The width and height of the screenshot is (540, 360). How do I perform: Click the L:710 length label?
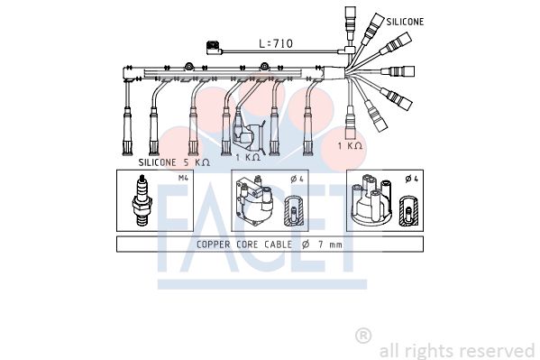click(x=276, y=43)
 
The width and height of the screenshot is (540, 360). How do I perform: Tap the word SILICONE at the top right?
click(x=405, y=22)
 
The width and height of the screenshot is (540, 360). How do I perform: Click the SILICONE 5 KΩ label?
click(x=174, y=162)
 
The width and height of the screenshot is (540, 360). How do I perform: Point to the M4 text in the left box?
click(x=183, y=178)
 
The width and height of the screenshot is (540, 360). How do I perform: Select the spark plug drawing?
click(x=142, y=200)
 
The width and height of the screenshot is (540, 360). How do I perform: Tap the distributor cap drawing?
click(x=371, y=198)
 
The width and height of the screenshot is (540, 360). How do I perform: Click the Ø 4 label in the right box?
click(x=412, y=179)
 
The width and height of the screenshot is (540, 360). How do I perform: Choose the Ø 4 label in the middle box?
click(x=297, y=179)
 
